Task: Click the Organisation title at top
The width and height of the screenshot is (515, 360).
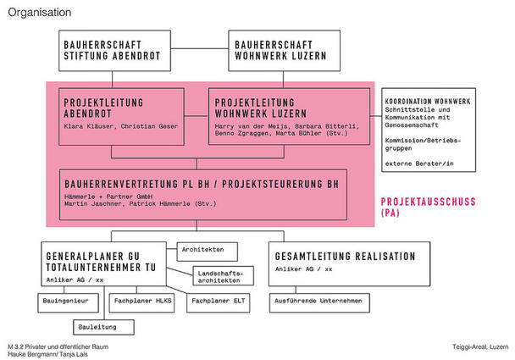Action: click(x=40, y=13)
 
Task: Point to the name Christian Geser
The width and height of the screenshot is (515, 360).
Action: click(x=149, y=126)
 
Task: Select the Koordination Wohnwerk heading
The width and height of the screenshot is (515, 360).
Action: click(x=428, y=101)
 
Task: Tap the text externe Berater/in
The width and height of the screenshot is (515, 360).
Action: click(x=419, y=163)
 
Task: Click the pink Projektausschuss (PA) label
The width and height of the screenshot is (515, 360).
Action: click(x=428, y=207)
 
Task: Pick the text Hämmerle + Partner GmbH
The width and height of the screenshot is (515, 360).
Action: click(x=108, y=197)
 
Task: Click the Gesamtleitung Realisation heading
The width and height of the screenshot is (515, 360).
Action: click(x=346, y=256)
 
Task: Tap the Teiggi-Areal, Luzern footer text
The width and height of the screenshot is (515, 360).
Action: click(x=480, y=346)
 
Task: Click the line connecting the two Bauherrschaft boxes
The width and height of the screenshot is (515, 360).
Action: click(x=199, y=48)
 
